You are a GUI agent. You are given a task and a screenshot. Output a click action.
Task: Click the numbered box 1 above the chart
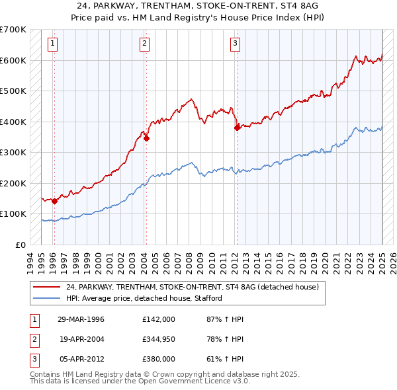tap(52, 44)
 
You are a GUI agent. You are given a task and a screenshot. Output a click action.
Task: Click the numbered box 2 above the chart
tap(144, 44)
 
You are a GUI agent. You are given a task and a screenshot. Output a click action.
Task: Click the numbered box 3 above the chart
tap(235, 44)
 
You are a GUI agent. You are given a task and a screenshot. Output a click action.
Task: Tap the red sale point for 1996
tap(54, 201)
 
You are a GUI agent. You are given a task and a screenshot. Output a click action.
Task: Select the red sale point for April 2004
tap(146, 139)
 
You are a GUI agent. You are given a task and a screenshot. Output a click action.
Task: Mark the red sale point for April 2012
tap(237, 128)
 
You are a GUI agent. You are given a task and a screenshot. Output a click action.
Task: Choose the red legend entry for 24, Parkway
tap(193, 287)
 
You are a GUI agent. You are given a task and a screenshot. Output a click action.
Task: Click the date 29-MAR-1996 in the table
tap(81, 319)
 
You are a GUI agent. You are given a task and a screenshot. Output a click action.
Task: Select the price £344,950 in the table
tap(159, 339)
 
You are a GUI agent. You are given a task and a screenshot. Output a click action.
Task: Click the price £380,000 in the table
tap(159, 359)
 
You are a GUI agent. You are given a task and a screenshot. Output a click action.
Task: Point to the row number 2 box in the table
tap(32, 339)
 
